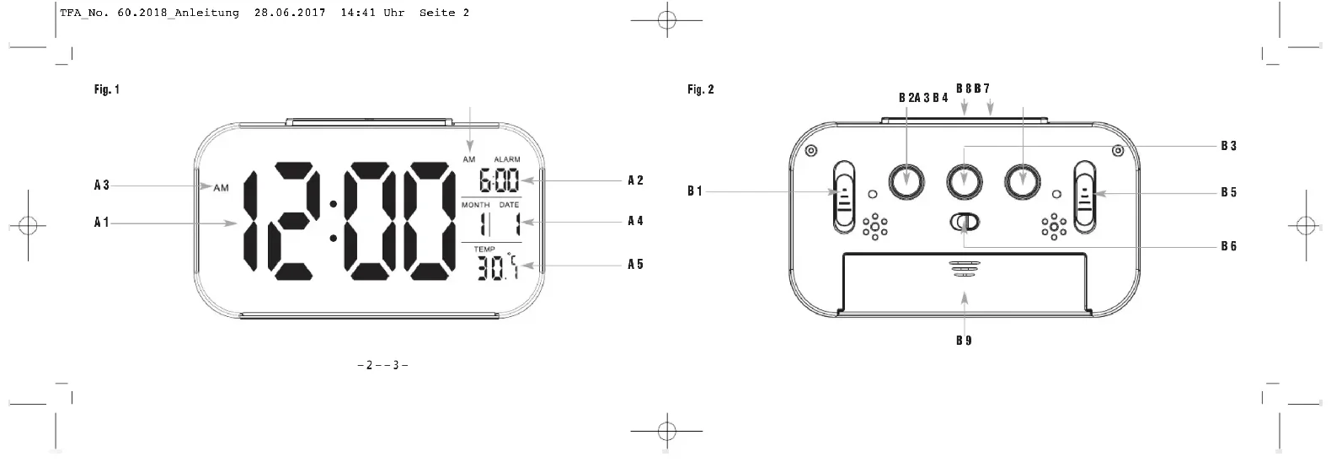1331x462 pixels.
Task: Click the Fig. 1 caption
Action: tap(107, 89)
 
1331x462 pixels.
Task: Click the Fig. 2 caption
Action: tap(701, 89)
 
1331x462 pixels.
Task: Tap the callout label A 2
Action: tap(636, 180)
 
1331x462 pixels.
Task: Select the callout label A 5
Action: tap(636, 264)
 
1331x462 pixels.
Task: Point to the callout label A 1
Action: tap(102, 223)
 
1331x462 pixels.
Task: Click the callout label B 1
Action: tap(695, 191)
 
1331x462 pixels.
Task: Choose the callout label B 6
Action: tap(1229, 246)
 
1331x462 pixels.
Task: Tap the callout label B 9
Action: tap(964, 341)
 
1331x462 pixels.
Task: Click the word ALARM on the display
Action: tap(507, 159)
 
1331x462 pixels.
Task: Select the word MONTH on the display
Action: tap(476, 205)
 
